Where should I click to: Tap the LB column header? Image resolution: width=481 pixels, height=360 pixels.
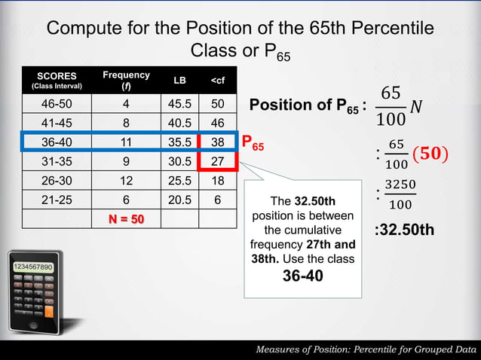coord(179,80)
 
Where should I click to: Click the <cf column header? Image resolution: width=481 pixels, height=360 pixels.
coord(217,80)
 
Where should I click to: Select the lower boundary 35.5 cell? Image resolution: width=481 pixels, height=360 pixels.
coord(179,141)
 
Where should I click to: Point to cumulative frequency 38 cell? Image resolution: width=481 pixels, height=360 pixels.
coord(218,141)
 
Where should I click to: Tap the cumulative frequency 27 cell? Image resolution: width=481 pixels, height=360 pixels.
coord(218,161)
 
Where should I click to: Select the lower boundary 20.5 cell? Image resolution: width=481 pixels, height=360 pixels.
coord(179,200)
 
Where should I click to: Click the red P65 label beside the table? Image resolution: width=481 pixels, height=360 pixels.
coord(253,142)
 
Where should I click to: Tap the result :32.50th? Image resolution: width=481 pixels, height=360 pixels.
coord(404,229)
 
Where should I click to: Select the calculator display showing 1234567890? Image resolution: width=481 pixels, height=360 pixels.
coord(32,267)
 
